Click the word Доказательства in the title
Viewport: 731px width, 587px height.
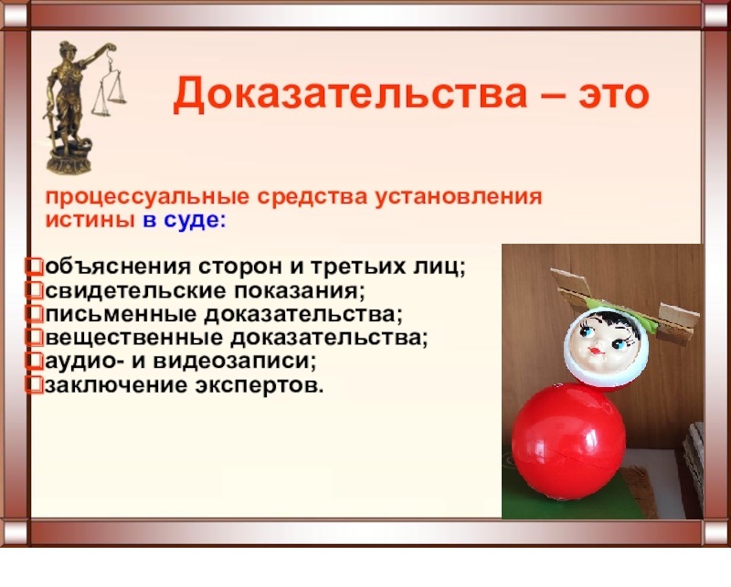[350, 95]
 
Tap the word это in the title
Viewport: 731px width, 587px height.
[614, 95]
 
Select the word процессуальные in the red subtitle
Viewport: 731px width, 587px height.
[148, 197]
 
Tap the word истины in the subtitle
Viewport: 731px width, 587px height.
[90, 220]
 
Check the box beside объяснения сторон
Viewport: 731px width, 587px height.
[35, 267]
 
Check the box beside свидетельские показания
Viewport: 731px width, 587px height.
[35, 290]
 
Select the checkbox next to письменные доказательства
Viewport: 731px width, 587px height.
[35, 314]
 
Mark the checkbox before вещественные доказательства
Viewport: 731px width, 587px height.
[35, 338]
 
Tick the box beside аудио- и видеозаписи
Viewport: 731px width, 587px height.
[35, 362]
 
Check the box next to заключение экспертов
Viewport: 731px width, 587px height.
[35, 385]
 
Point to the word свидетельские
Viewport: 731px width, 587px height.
[136, 291]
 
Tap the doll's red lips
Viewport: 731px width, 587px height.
[595, 350]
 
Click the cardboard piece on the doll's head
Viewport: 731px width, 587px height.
[625, 303]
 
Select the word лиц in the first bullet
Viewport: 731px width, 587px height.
[441, 267]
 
